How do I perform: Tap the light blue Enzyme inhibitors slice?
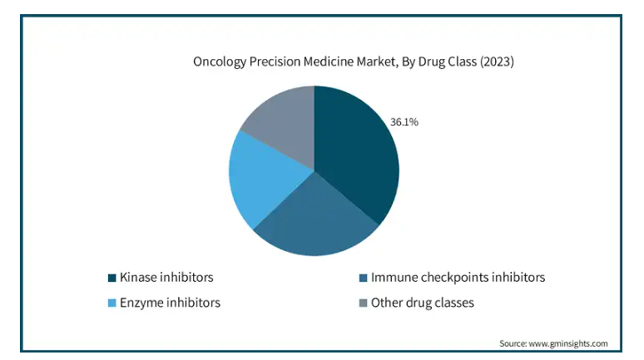pos(263,176)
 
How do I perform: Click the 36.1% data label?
pos(404,122)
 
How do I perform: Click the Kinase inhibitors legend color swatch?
pos(111,278)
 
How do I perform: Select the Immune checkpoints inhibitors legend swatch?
pos(363,278)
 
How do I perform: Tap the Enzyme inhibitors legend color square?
pos(111,303)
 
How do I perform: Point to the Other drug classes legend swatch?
pos(363,303)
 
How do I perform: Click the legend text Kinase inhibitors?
pos(166,278)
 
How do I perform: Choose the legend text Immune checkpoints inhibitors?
pos(458,278)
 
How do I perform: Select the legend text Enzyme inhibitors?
pos(170,303)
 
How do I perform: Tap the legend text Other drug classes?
pos(423,303)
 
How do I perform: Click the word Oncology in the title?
pos(220,62)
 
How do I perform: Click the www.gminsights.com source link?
pos(568,343)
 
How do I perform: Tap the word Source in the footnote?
pos(513,343)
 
